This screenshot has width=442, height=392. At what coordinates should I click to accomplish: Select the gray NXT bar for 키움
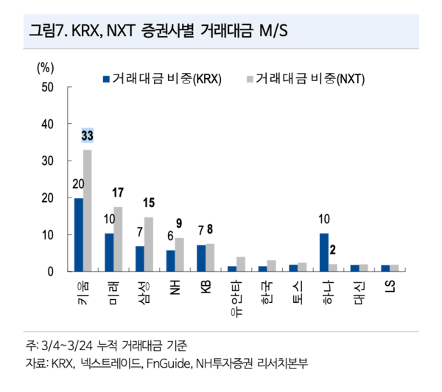tap(88, 211)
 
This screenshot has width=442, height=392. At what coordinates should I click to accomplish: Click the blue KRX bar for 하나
tap(324, 252)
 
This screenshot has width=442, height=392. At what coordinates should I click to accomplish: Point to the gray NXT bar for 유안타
tap(241, 264)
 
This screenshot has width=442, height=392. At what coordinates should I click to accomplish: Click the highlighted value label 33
tap(88, 136)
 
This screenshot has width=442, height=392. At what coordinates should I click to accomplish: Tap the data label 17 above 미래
tap(119, 193)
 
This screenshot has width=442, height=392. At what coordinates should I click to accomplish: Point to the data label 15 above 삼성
tap(149, 203)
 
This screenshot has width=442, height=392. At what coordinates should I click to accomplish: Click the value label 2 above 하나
tap(333, 250)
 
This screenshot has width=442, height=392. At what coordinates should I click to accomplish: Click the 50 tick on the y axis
tap(48, 88)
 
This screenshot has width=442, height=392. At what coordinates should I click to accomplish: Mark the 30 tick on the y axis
tap(48, 161)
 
